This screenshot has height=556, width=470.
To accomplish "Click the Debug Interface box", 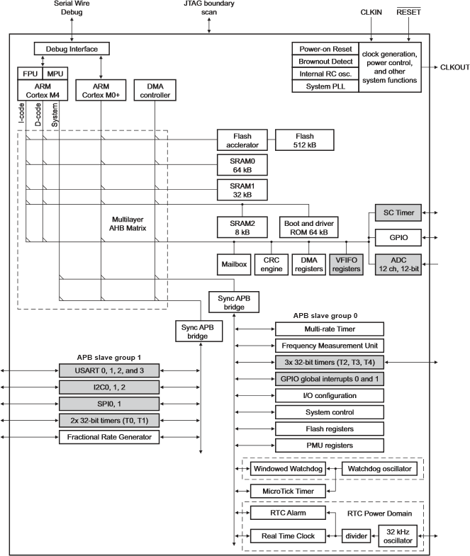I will tap(72, 49).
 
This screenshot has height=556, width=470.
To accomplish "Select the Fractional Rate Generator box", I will tap(109, 437).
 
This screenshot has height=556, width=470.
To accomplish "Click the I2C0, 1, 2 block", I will tap(109, 386).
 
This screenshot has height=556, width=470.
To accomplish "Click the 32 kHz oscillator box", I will tap(398, 535).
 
